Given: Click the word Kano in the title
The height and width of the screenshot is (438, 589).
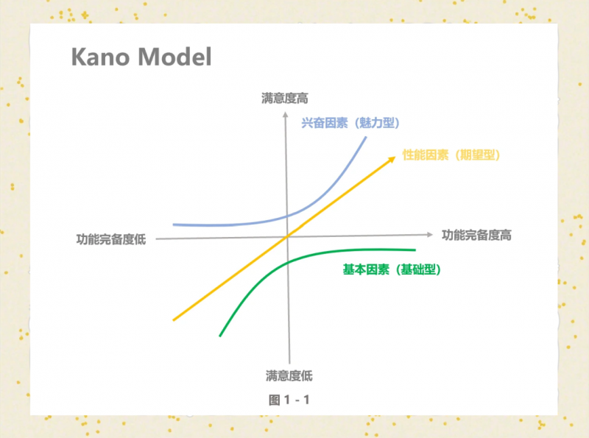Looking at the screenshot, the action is click(x=101, y=57).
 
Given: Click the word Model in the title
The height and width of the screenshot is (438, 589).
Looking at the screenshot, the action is click(x=174, y=57).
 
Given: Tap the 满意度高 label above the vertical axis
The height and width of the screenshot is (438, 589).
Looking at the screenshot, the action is click(x=285, y=99).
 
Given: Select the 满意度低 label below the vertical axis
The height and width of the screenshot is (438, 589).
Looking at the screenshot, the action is click(x=289, y=375).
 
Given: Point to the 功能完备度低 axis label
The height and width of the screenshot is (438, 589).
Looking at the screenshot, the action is click(x=111, y=239).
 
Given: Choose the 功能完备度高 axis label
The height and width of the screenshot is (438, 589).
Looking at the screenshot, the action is click(x=476, y=235).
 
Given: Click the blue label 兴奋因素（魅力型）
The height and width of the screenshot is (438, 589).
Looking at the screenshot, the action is click(x=350, y=123).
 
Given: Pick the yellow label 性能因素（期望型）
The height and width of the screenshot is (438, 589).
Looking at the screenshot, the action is click(x=451, y=155).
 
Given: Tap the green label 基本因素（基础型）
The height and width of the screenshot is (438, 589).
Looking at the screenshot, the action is click(x=392, y=269).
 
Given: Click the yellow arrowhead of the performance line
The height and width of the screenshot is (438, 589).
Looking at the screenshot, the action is click(x=392, y=159).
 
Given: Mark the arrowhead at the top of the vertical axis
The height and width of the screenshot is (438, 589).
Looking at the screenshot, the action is click(x=285, y=114).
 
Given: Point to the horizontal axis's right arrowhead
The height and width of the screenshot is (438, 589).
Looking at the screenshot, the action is click(x=430, y=235).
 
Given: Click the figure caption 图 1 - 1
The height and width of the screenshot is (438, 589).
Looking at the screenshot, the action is click(x=289, y=400).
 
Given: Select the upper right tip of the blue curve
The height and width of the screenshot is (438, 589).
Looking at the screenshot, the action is click(x=366, y=137).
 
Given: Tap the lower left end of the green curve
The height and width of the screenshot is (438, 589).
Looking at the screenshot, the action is click(x=219, y=336).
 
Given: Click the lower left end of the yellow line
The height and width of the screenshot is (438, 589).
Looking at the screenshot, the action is click(x=173, y=320).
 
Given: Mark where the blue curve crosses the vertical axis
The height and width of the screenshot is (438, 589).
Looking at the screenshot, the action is click(x=287, y=216).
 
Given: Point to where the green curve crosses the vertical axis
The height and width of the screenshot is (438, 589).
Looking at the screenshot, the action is click(x=288, y=262).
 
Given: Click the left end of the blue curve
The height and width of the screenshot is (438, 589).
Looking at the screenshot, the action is click(x=173, y=225).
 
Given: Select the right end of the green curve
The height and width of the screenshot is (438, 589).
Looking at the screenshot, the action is click(x=415, y=250).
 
